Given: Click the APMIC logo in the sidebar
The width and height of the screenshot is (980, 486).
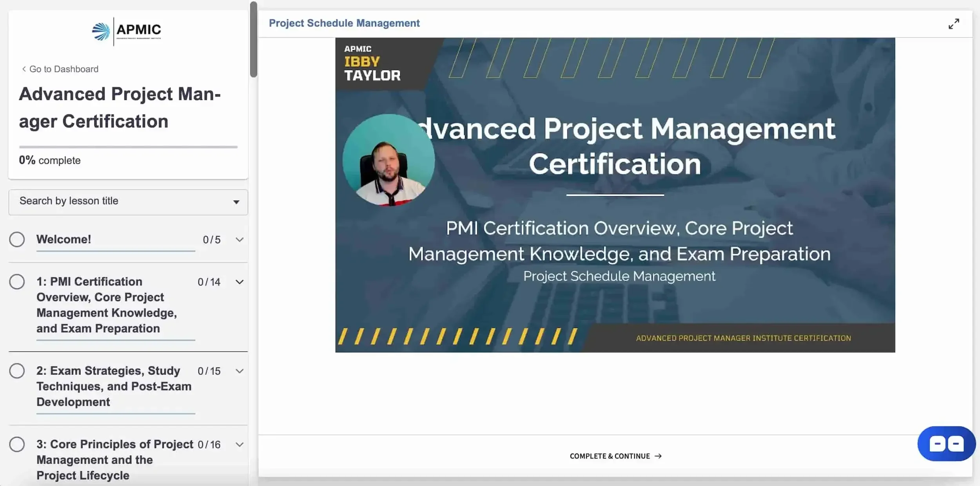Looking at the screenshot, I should pyautogui.click(x=127, y=31).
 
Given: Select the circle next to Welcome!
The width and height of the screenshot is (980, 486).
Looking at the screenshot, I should pyautogui.click(x=17, y=239).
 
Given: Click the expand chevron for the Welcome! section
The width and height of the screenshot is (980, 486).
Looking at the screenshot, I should pyautogui.click(x=240, y=240).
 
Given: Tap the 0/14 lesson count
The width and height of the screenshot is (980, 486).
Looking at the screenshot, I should pyautogui.click(x=209, y=282).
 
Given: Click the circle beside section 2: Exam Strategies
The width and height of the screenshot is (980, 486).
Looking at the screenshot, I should pyautogui.click(x=17, y=371).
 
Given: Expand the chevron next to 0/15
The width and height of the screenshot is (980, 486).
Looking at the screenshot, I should pyautogui.click(x=240, y=371).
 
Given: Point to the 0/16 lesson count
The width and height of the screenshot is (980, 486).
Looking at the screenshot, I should pyautogui.click(x=209, y=444).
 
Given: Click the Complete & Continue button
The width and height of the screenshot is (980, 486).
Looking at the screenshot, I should pyautogui.click(x=615, y=456).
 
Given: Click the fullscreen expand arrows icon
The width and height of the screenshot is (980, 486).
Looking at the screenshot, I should pyautogui.click(x=954, y=24).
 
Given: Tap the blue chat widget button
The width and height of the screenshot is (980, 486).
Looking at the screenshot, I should pyautogui.click(x=946, y=444).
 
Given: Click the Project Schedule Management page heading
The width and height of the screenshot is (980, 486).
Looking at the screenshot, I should pyautogui.click(x=344, y=23).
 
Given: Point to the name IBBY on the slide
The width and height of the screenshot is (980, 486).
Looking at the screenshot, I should pyautogui.click(x=362, y=62).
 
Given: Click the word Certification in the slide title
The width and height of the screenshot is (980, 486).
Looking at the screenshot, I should pyautogui.click(x=615, y=164).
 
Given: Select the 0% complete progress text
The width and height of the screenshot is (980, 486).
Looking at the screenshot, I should pyautogui.click(x=50, y=160).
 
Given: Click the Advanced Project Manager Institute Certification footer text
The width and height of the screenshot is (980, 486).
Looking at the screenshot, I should pyautogui.click(x=743, y=338).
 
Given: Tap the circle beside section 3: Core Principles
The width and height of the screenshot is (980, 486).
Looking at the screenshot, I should pyautogui.click(x=17, y=444).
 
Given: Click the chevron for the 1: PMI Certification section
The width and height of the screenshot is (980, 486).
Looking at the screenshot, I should pyautogui.click(x=240, y=282).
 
